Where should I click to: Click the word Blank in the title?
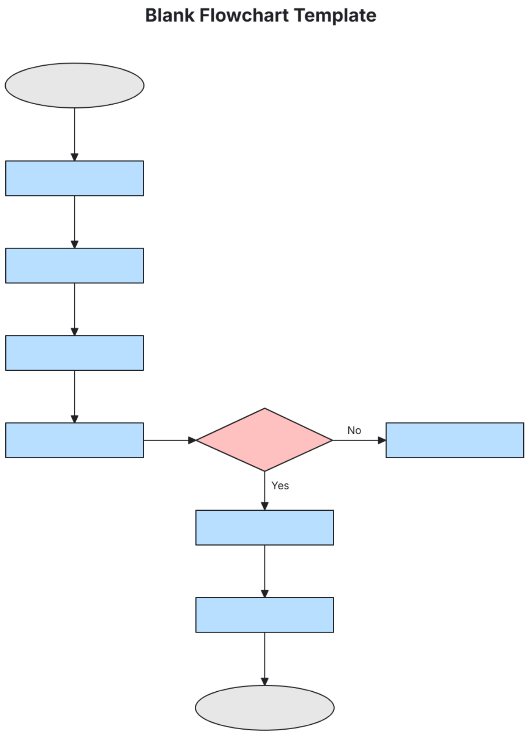pyautogui.click(x=170, y=15)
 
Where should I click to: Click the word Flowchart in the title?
pyautogui.click(x=244, y=15)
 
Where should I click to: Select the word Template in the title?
pyautogui.click(x=335, y=15)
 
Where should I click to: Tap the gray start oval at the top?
pyautogui.click(x=75, y=85)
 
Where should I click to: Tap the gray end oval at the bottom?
pyautogui.click(x=264, y=708)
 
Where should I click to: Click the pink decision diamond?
pyautogui.click(x=264, y=440)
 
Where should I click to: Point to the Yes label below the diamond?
pyautogui.click(x=280, y=486)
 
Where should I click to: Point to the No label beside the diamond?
pyautogui.click(x=354, y=430)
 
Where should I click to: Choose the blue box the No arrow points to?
pyautogui.click(x=454, y=440)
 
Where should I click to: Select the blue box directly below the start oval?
pyautogui.click(x=75, y=178)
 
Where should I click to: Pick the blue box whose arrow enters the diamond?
pyautogui.click(x=75, y=440)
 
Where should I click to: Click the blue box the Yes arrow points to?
pyautogui.click(x=264, y=528)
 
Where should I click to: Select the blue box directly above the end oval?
pyautogui.click(x=264, y=615)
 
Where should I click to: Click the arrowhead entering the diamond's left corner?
pyautogui.click(x=192, y=440)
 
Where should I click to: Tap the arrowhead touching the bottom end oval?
pyautogui.click(x=264, y=682)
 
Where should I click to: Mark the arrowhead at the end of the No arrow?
pyautogui.click(x=382, y=440)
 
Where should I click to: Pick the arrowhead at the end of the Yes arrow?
pyautogui.click(x=264, y=506)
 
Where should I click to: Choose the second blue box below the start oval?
pyautogui.click(x=75, y=265)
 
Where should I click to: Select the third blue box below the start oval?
pyautogui.click(x=75, y=353)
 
